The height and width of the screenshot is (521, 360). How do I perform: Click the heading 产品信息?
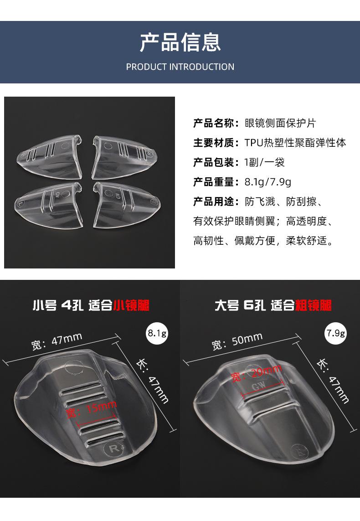(x=180, y=41)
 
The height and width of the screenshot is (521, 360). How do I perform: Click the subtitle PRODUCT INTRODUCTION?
(x=180, y=67)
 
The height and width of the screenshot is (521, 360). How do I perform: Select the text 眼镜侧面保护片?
(x=280, y=123)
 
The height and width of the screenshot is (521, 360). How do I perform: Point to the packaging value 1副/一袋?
(x=264, y=162)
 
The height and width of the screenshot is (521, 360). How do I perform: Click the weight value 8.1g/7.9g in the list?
(x=267, y=182)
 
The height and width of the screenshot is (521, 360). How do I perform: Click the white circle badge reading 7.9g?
(x=335, y=334)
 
